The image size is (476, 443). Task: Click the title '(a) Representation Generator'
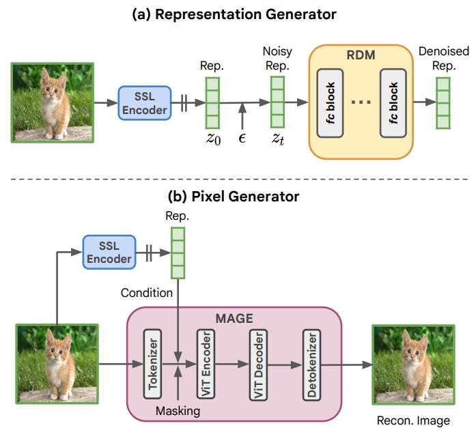click(x=234, y=14)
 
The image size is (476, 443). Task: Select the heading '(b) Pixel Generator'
click(x=234, y=197)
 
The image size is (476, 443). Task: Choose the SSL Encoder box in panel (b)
click(x=108, y=253)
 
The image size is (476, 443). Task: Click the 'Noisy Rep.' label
click(x=277, y=58)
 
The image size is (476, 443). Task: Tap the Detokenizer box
click(x=311, y=362)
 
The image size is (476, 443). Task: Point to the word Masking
click(x=178, y=411)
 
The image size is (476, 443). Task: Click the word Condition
click(x=146, y=293)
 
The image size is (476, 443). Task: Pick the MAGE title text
click(x=234, y=317)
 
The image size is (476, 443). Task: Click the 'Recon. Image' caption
click(x=413, y=420)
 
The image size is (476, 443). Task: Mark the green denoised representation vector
click(x=443, y=103)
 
